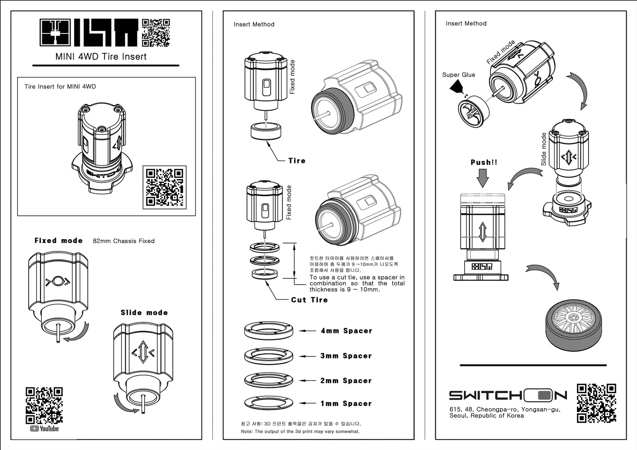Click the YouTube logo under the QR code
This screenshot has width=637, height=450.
tap(44, 428)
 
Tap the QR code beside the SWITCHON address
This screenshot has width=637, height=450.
tap(596, 403)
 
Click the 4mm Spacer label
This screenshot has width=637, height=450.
tap(346, 331)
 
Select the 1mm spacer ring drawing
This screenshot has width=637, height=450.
tap(268, 402)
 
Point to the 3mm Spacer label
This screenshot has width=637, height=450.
tap(346, 356)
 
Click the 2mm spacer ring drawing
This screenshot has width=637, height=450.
tap(268, 379)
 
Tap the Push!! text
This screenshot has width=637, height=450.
tap(484, 162)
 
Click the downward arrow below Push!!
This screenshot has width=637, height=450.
tap(483, 178)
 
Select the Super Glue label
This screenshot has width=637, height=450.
tap(458, 75)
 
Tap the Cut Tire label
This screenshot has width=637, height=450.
tap(309, 300)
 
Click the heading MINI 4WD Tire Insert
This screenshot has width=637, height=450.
tap(101, 56)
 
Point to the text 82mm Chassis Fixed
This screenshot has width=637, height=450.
tap(124, 241)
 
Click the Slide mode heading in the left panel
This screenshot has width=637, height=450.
tap(144, 313)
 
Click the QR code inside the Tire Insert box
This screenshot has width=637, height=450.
tap(165, 187)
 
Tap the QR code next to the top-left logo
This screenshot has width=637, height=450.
tap(156, 33)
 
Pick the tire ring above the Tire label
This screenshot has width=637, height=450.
tap(266, 132)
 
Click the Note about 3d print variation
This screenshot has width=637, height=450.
tap(300, 432)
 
